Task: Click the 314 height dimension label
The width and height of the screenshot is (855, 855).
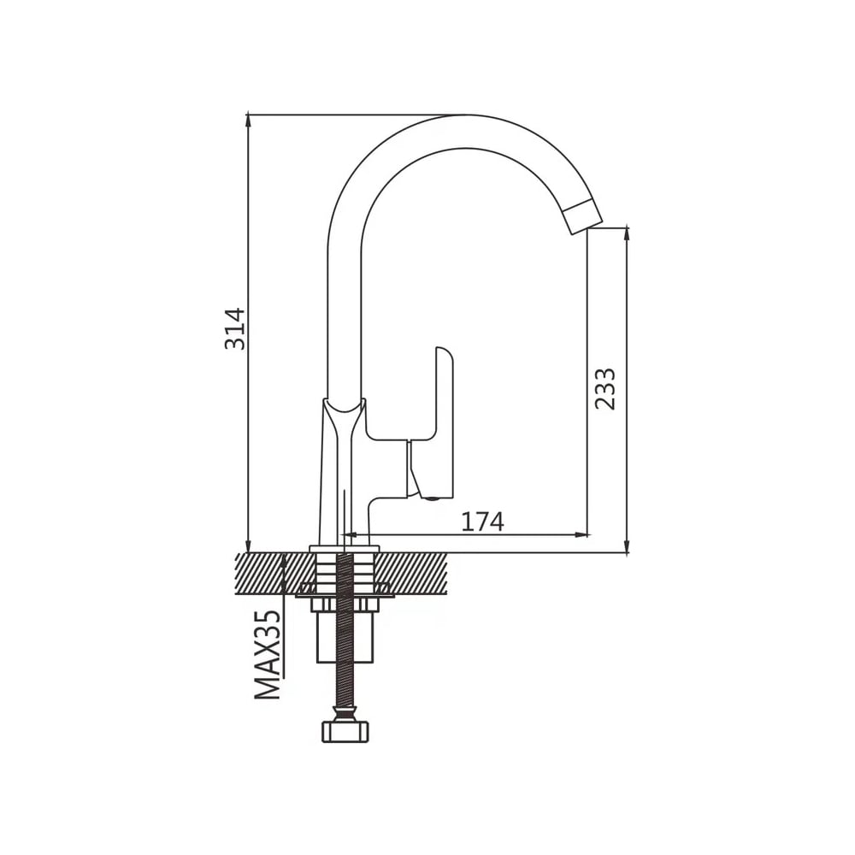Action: (236, 329)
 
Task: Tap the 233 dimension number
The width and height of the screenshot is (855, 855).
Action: (605, 389)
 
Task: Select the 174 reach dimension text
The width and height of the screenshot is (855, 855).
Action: (482, 522)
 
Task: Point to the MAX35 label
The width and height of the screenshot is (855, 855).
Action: (268, 655)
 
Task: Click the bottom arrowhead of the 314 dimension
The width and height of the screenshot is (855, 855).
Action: (249, 545)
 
